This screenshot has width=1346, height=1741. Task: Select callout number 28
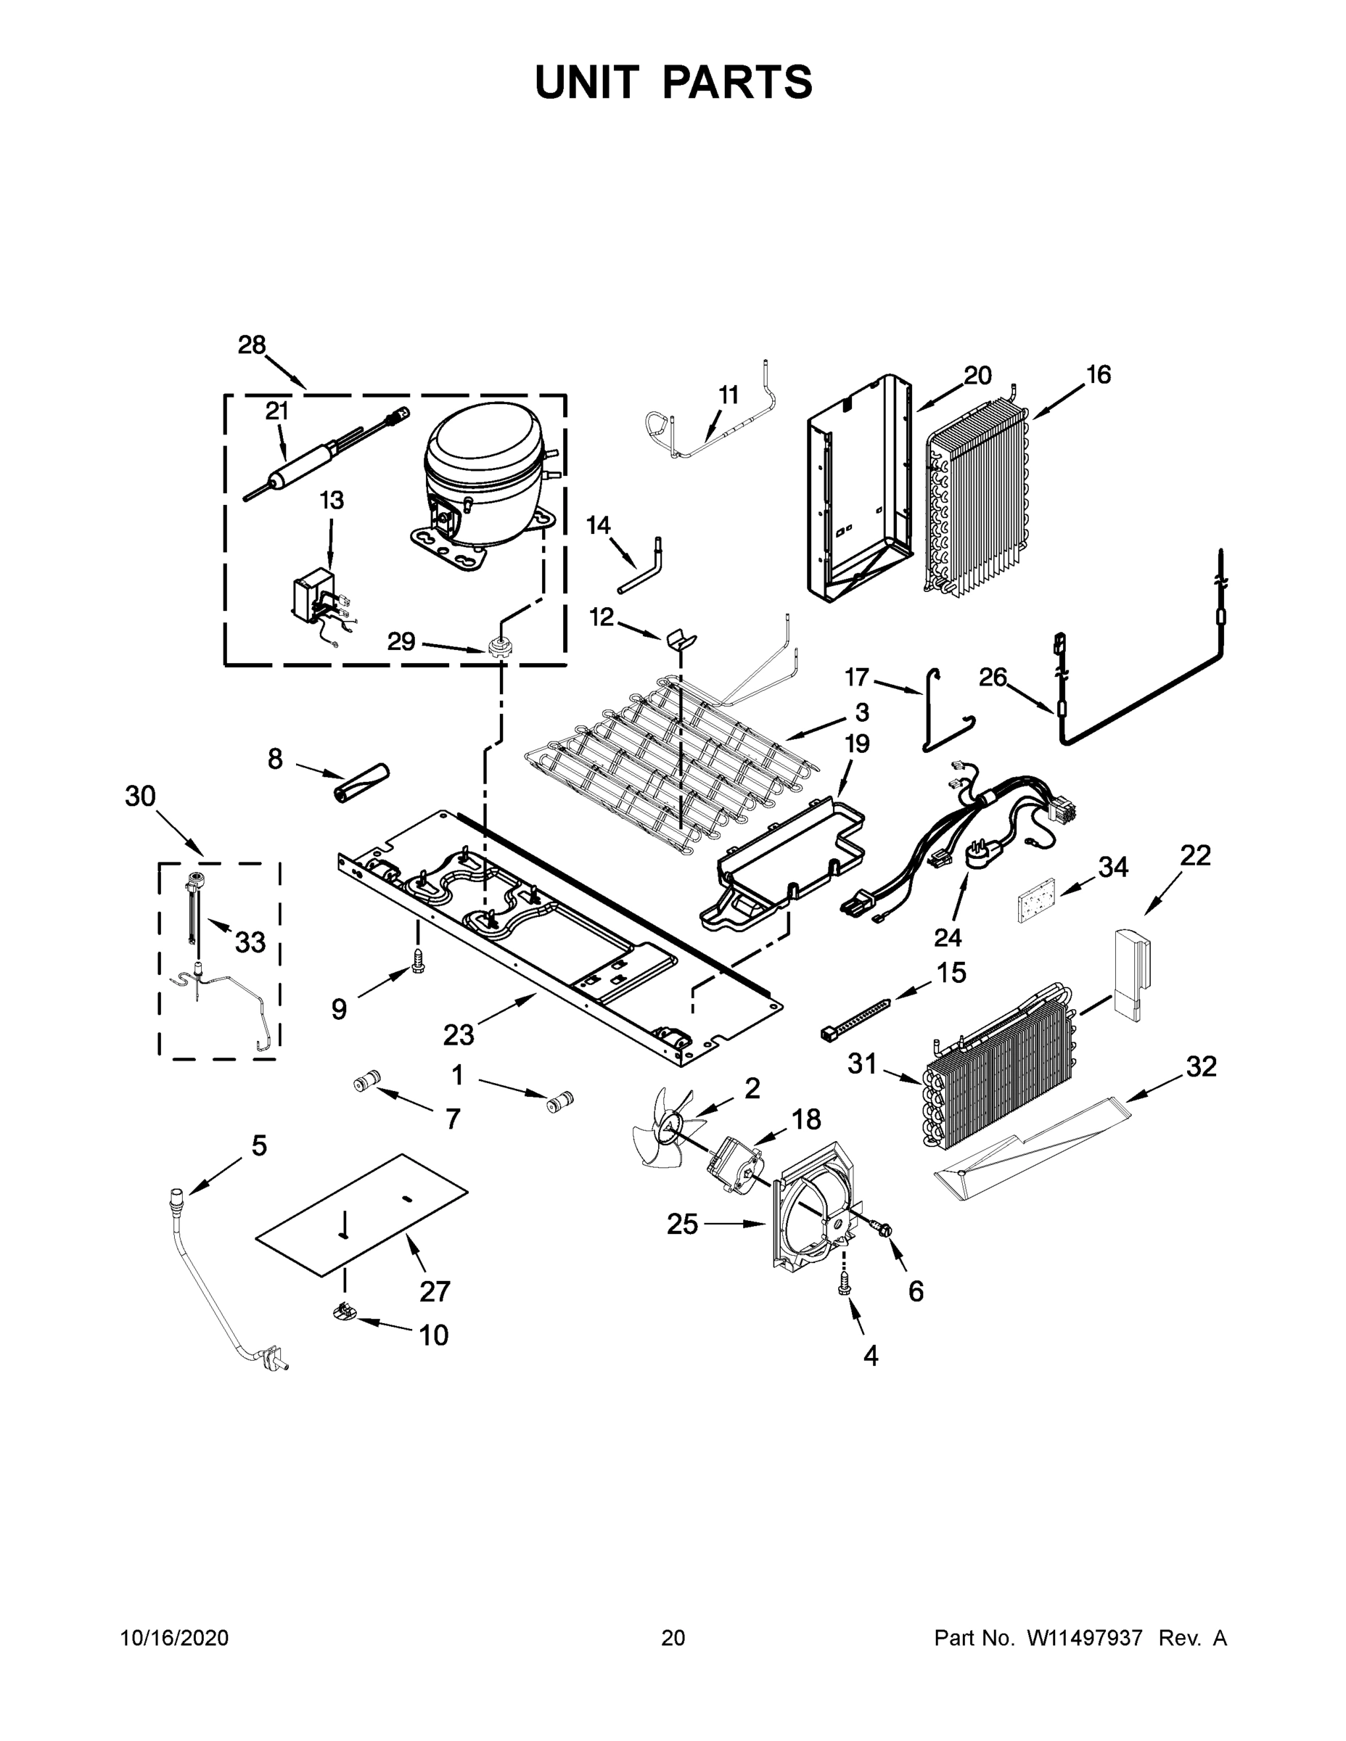(252, 345)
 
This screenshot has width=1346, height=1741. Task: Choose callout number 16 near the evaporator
(1098, 374)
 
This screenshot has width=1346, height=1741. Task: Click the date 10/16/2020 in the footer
(175, 1637)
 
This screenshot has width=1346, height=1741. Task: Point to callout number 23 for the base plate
(459, 1034)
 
